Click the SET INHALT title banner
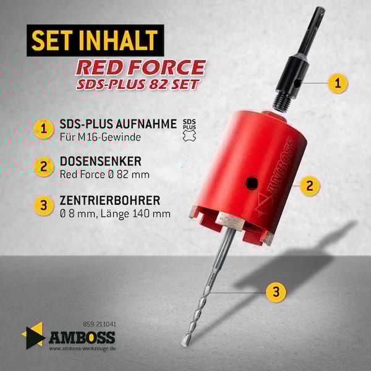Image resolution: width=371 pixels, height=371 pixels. (x=95, y=40)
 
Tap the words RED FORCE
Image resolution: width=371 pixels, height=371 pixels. (x=140, y=67)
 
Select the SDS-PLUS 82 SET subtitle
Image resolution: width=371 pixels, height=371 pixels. (x=138, y=84)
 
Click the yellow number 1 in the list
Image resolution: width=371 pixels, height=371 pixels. (x=44, y=129)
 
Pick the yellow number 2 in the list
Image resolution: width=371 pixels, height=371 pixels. (x=44, y=166)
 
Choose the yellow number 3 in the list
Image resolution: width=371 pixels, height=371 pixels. (x=44, y=205)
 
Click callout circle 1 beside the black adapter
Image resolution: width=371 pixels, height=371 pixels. (x=338, y=83)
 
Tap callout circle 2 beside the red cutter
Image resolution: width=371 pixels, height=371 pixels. (x=310, y=185)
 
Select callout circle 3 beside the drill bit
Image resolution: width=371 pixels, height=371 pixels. (x=276, y=292)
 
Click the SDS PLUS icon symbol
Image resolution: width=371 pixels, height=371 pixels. (x=190, y=130)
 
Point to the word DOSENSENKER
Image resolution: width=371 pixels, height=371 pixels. (x=101, y=161)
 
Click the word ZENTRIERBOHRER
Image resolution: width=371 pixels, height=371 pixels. (x=110, y=200)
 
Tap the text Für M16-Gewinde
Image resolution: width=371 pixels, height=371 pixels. (x=100, y=137)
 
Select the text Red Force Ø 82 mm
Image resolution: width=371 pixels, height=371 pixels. (x=104, y=174)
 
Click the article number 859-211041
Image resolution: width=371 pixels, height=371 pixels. (x=100, y=324)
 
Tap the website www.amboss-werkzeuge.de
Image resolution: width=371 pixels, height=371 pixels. (x=82, y=349)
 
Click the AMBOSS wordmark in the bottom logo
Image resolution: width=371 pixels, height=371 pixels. (x=82, y=337)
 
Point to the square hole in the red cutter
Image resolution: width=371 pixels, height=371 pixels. (x=251, y=183)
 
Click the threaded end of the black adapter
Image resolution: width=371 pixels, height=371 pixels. (x=282, y=102)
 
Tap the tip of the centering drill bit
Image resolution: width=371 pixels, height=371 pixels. (x=183, y=344)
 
